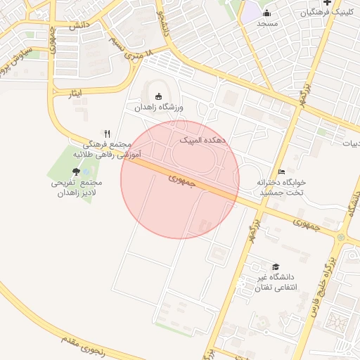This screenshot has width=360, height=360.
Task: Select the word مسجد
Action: tap(267, 23)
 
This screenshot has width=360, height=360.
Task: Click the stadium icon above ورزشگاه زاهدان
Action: tap(157, 96)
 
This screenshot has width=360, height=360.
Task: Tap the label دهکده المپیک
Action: tap(202, 141)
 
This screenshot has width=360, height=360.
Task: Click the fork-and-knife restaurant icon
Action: tap(107, 133)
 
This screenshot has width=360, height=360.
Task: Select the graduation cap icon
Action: tap(276, 267)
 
